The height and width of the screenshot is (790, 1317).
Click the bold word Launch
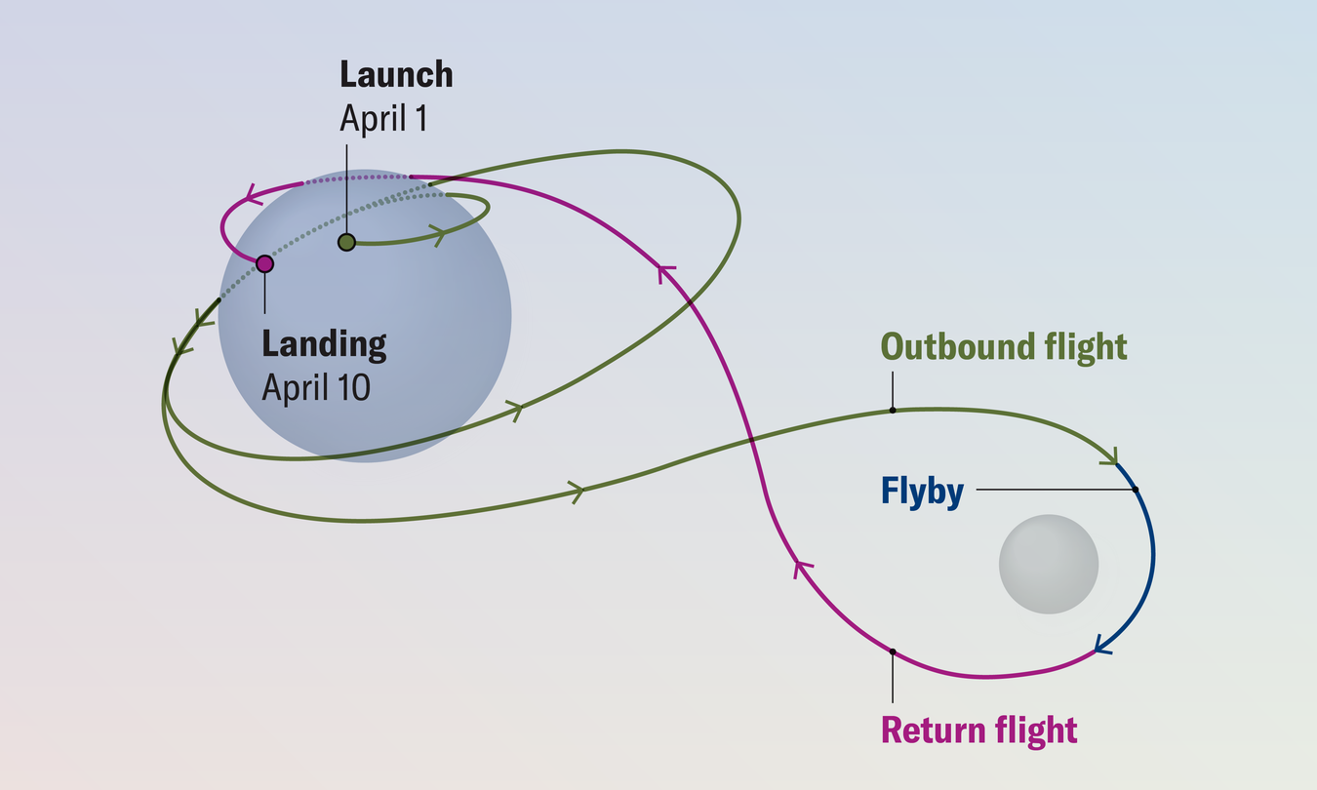coord(396,75)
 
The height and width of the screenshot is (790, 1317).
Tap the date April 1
coord(383,118)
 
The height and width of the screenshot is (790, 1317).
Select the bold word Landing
coord(324,344)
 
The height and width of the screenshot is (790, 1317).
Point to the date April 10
coord(316,387)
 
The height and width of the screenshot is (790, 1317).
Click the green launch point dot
coord(346,242)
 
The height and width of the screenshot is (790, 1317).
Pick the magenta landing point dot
coord(264,263)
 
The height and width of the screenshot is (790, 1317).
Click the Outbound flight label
coord(1004,347)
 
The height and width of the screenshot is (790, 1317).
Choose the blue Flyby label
coord(922,492)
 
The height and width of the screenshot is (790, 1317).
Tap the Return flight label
coord(978,730)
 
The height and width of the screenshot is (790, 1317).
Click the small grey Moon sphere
coord(1049,565)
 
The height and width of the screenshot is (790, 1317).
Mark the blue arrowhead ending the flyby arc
coord(1102,645)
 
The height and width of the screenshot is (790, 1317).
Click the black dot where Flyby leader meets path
coord(1137,489)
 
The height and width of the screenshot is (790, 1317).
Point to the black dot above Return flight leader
coord(893,651)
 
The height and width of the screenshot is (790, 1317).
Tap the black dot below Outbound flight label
coord(893,411)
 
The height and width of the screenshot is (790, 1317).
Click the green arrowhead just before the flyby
coord(1110,456)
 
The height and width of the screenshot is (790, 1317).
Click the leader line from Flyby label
coord(1054,489)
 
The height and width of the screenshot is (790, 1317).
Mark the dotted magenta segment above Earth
coord(356,178)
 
